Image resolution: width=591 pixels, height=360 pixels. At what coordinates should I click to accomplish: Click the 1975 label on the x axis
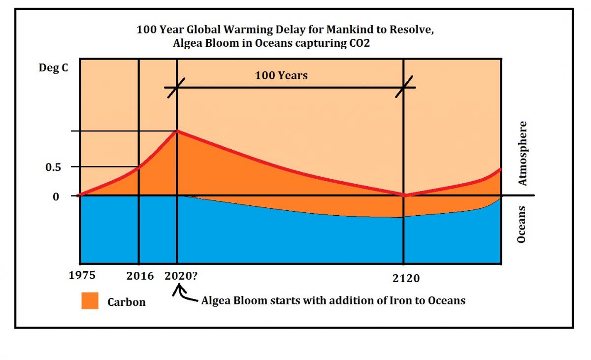point(82,275)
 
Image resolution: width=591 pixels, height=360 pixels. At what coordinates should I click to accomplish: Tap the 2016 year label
point(140,276)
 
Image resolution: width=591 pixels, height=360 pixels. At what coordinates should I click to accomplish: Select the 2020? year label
point(181,276)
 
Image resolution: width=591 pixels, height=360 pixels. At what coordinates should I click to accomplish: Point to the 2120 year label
point(406,279)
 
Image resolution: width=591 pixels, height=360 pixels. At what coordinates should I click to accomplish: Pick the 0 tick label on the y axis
point(56,196)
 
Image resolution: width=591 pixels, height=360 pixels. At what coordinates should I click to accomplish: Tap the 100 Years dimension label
point(281,75)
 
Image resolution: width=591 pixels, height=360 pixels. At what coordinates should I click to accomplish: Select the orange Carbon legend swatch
point(90,301)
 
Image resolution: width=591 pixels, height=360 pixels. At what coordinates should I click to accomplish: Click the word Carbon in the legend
point(127,302)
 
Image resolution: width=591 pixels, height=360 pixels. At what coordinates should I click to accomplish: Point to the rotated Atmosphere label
point(523,154)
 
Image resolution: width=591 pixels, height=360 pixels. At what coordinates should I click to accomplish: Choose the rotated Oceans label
point(522,225)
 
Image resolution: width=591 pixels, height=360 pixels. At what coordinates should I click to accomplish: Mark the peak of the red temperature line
point(177,131)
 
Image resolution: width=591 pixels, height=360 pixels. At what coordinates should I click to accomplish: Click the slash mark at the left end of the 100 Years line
point(176,88)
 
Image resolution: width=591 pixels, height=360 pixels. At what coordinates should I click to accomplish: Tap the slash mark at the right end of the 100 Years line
point(404,88)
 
